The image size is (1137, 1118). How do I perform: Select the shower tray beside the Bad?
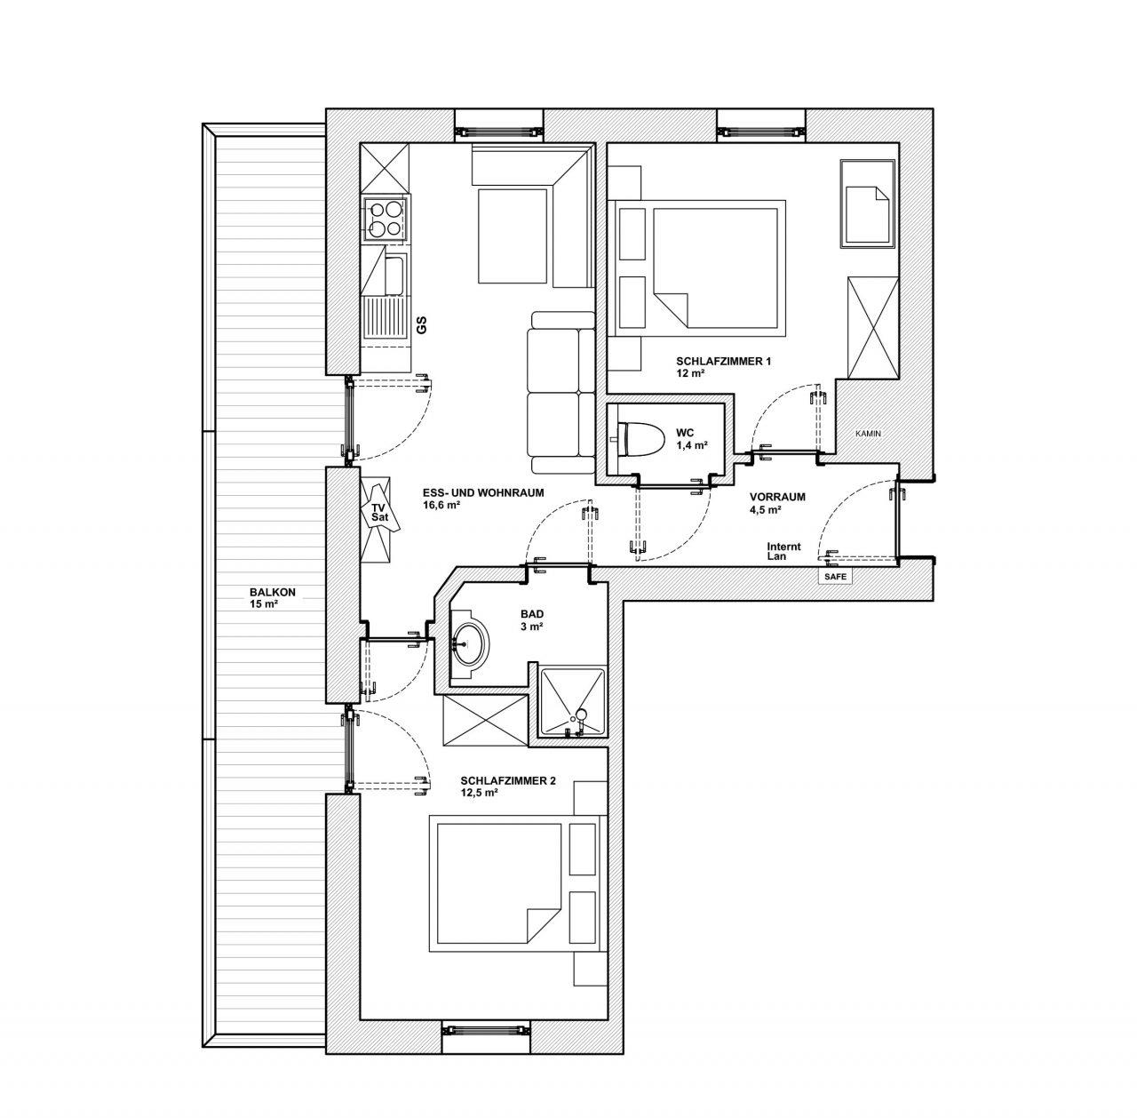572,702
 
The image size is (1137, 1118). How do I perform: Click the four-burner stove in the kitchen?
385,220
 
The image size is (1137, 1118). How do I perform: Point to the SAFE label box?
835,577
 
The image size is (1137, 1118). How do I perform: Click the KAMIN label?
868,434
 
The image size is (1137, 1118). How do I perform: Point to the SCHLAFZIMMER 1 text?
723,362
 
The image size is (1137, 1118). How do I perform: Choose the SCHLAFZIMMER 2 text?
508,781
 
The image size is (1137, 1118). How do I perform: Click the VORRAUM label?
777,498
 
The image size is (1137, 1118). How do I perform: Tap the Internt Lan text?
783,552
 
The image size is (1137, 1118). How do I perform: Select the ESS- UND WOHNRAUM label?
483,493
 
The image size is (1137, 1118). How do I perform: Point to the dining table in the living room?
512,236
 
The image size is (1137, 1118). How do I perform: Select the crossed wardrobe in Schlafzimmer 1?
872,327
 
